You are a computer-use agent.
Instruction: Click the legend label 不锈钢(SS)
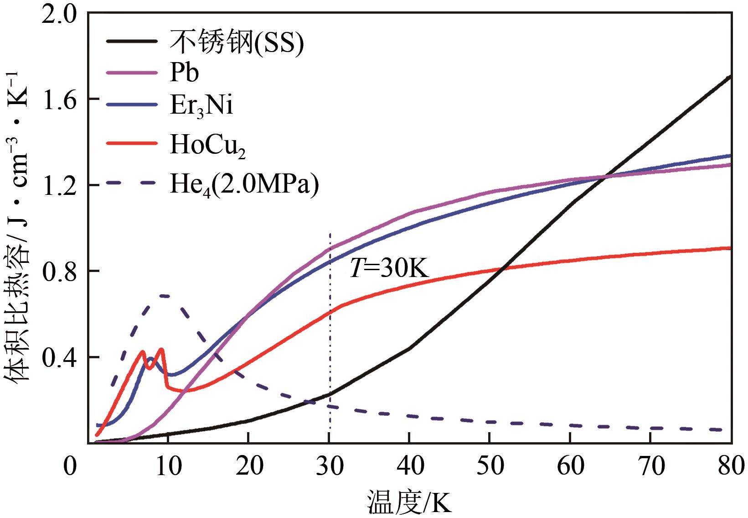coord(237,42)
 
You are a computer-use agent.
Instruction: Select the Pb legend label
coord(184,73)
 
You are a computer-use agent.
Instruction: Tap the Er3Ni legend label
coord(201,106)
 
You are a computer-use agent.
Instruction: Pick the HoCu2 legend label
coord(207,145)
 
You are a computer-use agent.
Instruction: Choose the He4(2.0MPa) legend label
coord(244,185)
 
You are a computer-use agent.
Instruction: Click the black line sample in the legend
coord(132,42)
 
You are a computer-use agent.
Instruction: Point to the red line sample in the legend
coord(132,143)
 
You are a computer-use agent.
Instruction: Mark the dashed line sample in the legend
coord(132,183)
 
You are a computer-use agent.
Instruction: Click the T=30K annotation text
coord(389,268)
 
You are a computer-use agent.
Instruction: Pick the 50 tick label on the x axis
coord(490,466)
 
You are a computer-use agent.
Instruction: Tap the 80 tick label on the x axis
coord(731,466)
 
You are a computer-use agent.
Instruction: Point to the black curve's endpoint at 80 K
coord(730,77)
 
